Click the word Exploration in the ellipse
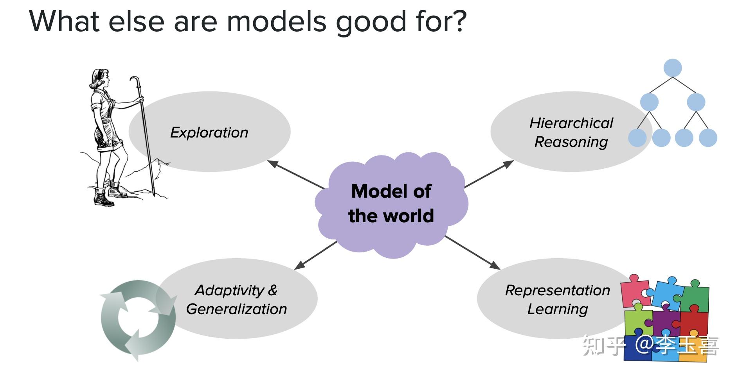pyautogui.click(x=209, y=133)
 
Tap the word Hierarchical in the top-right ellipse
pyautogui.click(x=571, y=123)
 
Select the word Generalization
pyautogui.click(x=236, y=309)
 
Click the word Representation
pyautogui.click(x=557, y=290)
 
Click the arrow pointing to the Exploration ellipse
pyautogui.click(x=295, y=174)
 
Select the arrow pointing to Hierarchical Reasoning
pyautogui.click(x=489, y=174)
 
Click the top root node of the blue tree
pyautogui.click(x=672, y=68)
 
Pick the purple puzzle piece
pyautogui.click(x=666, y=323)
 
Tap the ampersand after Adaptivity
pyautogui.click(x=272, y=290)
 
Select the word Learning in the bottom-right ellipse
pyautogui.click(x=557, y=309)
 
